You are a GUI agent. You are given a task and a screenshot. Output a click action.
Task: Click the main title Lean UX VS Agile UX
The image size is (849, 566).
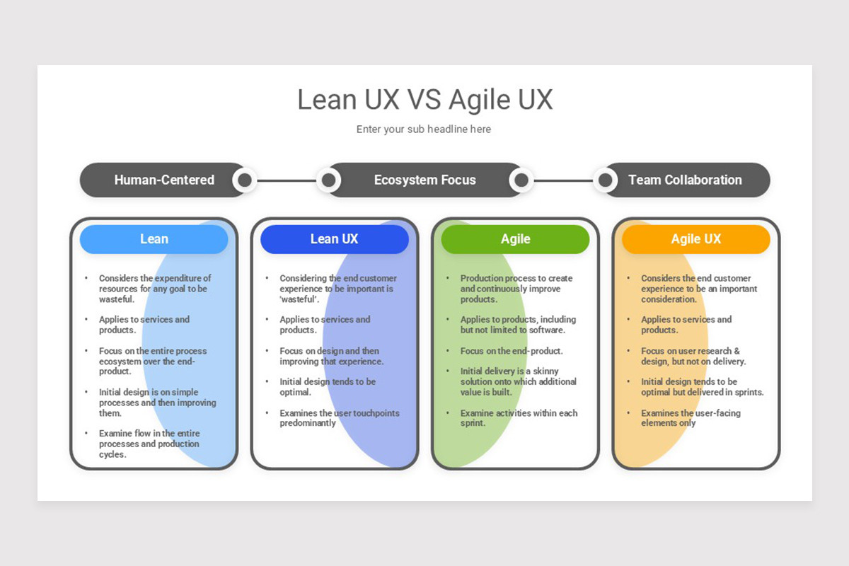tap(424, 100)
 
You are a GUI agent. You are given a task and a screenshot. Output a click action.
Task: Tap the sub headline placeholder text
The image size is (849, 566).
tap(423, 129)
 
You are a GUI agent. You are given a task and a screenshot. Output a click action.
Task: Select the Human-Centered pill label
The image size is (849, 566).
tap(164, 180)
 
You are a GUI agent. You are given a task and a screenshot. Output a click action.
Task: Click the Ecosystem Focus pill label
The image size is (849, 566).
tap(424, 180)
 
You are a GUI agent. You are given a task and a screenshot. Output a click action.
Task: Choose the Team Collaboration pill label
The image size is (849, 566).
tap(685, 180)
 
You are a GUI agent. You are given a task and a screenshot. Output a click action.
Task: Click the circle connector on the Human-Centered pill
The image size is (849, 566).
tap(245, 180)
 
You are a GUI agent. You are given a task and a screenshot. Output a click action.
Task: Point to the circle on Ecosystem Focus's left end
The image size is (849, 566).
tap(328, 180)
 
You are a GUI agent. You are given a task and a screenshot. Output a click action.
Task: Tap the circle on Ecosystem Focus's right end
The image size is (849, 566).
tap(521, 180)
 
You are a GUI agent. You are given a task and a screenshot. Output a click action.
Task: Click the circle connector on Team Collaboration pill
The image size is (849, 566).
tap(605, 180)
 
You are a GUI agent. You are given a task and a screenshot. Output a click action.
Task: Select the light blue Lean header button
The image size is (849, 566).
tap(154, 239)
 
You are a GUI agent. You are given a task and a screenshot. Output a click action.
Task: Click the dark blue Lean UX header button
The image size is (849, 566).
tap(335, 239)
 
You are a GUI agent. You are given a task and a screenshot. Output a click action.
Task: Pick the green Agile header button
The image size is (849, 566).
tap(515, 239)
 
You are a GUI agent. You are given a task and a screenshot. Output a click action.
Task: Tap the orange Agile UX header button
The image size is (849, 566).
tap(696, 239)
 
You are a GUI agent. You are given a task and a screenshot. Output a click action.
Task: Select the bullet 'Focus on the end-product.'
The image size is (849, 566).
tap(511, 351)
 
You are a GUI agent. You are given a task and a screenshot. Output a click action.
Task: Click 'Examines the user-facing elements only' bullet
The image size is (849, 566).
tap(690, 418)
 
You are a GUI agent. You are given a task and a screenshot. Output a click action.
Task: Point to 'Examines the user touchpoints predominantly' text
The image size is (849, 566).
tap(339, 418)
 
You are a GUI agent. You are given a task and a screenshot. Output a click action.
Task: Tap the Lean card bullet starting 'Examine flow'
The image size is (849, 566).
tap(149, 444)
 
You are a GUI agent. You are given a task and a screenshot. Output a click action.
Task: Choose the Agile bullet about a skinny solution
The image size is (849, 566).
tap(518, 381)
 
